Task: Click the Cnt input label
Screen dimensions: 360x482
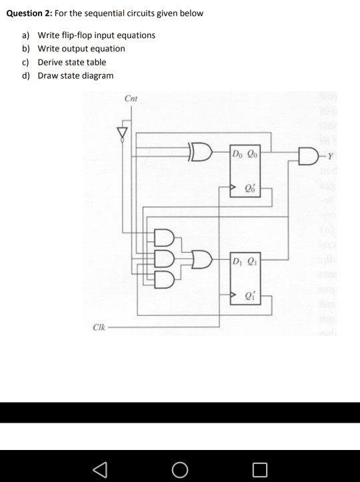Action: (131, 99)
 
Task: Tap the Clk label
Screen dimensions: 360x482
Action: (99, 327)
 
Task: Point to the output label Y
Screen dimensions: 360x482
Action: (330, 157)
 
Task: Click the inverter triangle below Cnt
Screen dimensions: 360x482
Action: (122, 133)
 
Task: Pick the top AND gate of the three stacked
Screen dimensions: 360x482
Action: (164, 237)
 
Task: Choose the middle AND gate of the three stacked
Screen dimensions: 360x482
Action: (164, 259)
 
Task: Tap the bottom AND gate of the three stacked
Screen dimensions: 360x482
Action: (164, 280)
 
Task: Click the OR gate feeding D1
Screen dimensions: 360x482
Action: (202, 259)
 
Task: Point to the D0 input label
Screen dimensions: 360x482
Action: (237, 153)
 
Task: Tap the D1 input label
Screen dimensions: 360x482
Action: (237, 261)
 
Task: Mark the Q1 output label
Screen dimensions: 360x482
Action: (253, 261)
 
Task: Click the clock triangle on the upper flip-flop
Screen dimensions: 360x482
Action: (233, 187)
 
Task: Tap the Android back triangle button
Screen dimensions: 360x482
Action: (100, 469)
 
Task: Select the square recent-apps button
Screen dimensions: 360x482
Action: (260, 470)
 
